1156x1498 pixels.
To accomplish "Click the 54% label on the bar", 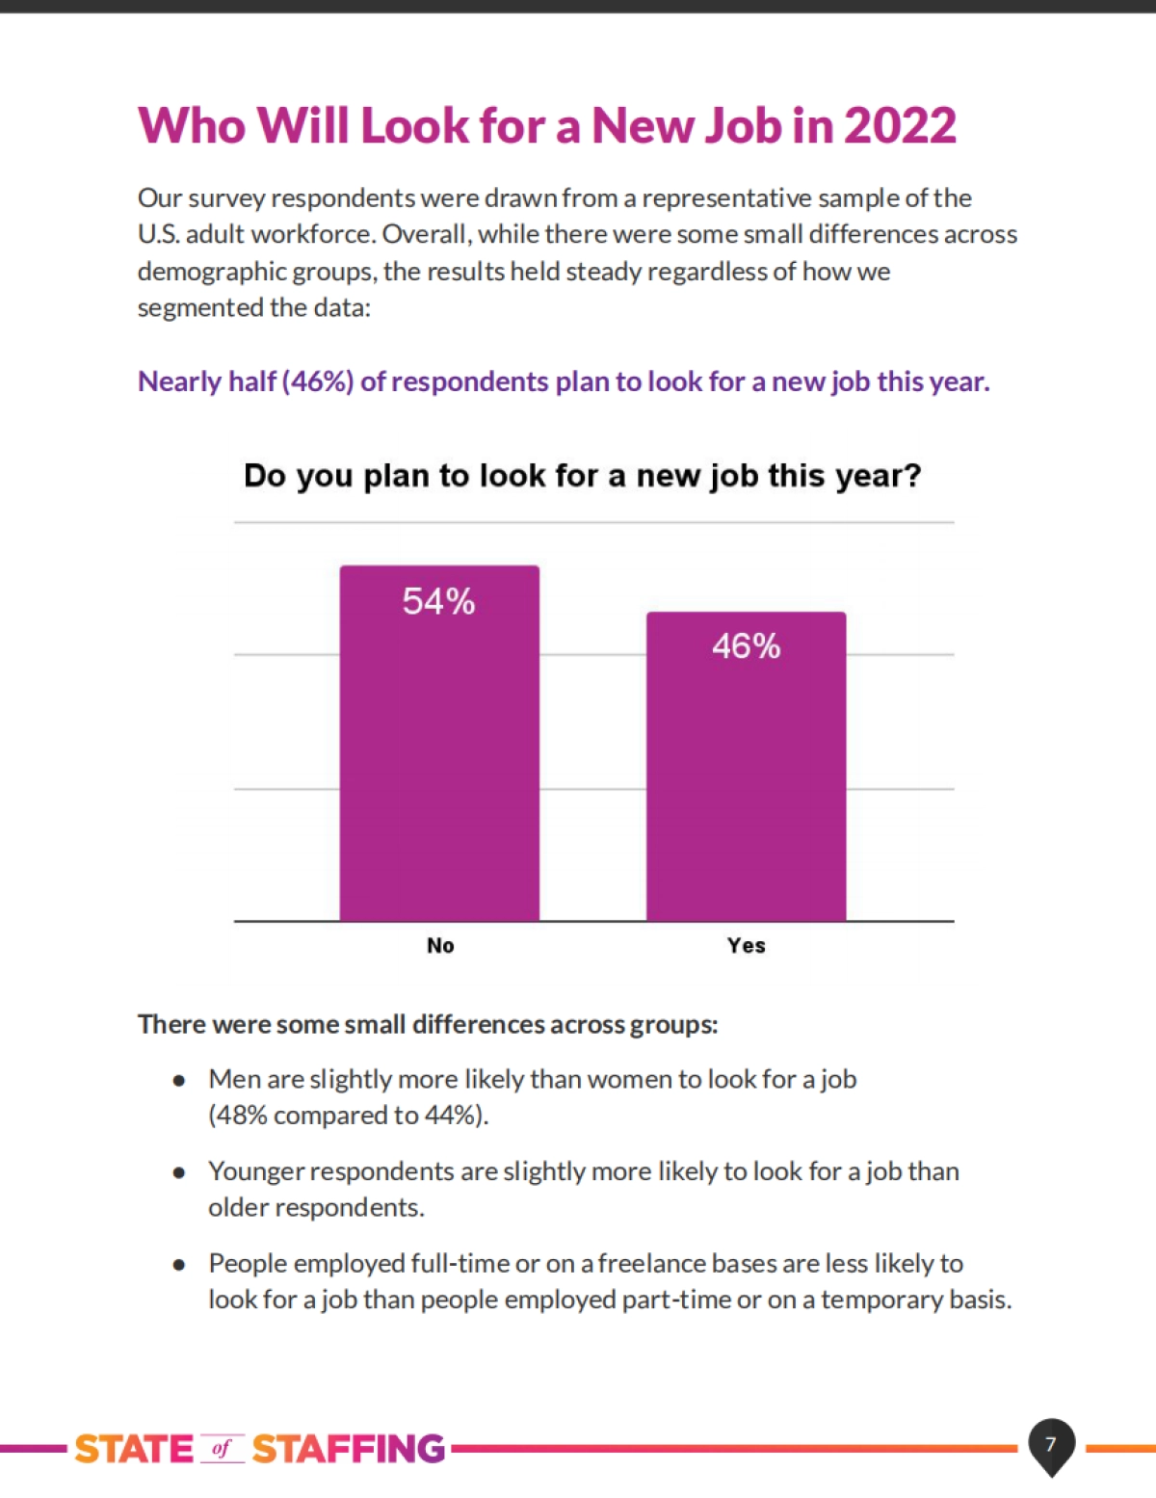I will point(438,602).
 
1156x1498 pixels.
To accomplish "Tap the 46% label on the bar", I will point(746,646).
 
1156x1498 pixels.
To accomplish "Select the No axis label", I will point(440,946).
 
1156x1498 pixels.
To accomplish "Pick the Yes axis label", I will point(747,946).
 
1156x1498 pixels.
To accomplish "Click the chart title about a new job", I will point(582,476).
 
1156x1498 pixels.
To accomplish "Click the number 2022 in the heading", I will point(900,126).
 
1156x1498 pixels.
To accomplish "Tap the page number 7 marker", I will point(1051,1444).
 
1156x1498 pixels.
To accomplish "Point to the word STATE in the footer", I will point(134,1449).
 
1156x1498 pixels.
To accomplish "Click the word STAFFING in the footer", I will point(349,1449).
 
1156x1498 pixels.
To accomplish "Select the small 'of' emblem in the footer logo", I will point(223,1449).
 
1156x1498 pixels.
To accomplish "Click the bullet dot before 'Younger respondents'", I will point(179,1172).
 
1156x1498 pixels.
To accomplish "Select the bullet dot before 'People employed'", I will point(179,1265).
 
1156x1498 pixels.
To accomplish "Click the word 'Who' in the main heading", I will point(192,126).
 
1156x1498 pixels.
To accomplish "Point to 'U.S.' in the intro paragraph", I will point(158,235).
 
